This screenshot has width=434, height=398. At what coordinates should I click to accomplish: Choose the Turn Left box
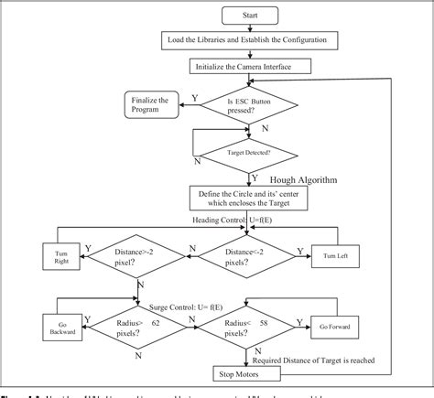(x=338, y=253)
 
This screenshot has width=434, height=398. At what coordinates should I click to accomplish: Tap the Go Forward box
(x=338, y=327)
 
